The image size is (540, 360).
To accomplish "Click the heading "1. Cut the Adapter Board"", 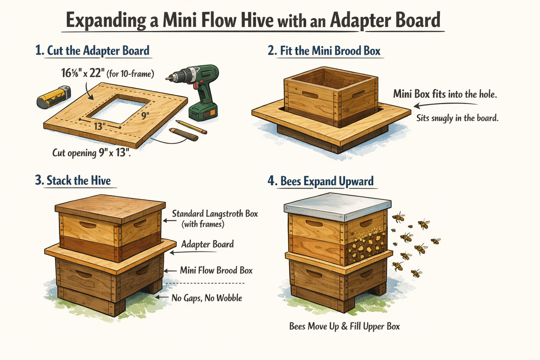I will pyautogui.click(x=92, y=51).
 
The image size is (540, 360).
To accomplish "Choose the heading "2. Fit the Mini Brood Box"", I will pyautogui.click(x=324, y=51).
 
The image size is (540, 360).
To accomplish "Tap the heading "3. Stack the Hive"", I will pyautogui.click(x=73, y=180).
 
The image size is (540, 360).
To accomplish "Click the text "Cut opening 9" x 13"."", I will pyautogui.click(x=95, y=153).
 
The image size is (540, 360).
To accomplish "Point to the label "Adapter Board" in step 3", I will pyautogui.click(x=207, y=244).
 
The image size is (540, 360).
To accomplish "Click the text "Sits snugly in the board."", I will pyautogui.click(x=457, y=118).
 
